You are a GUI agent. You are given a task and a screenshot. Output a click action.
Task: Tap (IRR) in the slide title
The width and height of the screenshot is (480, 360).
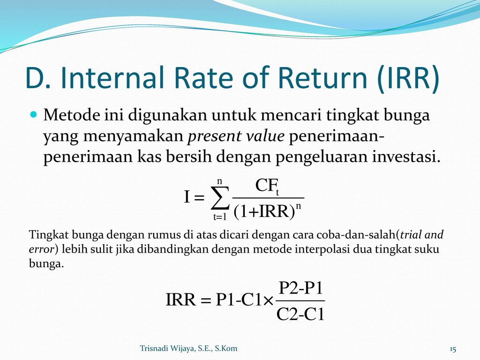408,78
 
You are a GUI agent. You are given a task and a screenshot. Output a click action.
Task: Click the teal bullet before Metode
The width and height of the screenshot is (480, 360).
34,115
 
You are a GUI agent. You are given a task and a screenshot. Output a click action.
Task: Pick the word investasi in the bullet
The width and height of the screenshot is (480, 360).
406,157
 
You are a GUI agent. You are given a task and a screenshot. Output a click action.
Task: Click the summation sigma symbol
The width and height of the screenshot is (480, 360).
220,198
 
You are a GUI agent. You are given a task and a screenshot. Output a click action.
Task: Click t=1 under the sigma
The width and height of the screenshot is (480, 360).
220,217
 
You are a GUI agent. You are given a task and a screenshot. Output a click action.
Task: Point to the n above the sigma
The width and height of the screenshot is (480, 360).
219,181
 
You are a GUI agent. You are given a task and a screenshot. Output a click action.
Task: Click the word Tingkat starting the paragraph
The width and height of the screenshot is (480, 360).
49,236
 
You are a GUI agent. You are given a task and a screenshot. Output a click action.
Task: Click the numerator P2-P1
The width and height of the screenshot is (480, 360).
301,288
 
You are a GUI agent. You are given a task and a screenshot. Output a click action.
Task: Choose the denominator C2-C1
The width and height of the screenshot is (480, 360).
300,314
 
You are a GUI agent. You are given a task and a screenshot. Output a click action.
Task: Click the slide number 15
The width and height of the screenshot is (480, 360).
453,349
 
